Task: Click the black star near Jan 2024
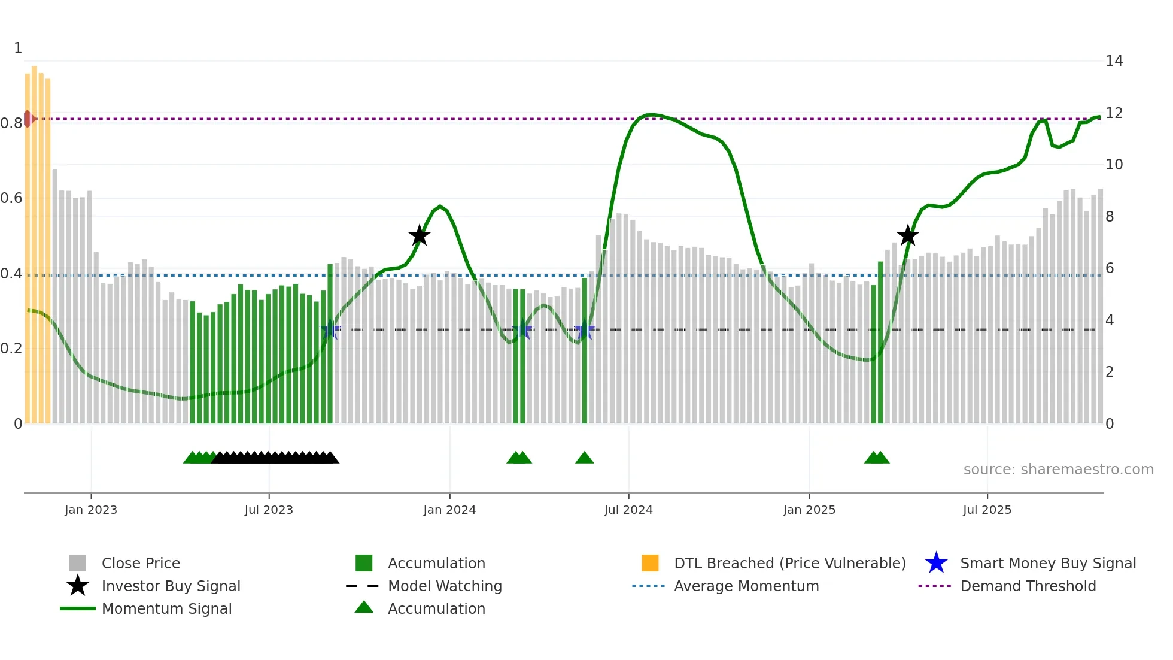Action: pos(419,236)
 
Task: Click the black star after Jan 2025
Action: pos(907,236)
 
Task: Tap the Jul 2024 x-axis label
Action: pos(628,510)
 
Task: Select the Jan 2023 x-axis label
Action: pos(91,510)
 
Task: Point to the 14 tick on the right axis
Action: pos(1114,61)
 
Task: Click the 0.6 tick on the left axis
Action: pos(11,198)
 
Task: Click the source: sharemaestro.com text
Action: pos(1058,470)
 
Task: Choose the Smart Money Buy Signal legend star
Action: pos(936,563)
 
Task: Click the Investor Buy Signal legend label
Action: pos(171,586)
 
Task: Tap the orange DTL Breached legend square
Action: pos(650,563)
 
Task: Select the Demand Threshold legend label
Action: pos(1028,586)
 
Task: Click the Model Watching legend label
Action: pos(445,586)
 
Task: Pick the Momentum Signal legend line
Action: pos(78,608)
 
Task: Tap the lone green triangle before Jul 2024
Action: pos(584,458)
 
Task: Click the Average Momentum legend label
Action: pos(746,586)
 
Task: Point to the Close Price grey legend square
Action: pos(78,563)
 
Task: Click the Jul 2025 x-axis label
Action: pos(986,510)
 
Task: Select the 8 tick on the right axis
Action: pos(1109,217)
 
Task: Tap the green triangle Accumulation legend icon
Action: pos(364,608)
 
